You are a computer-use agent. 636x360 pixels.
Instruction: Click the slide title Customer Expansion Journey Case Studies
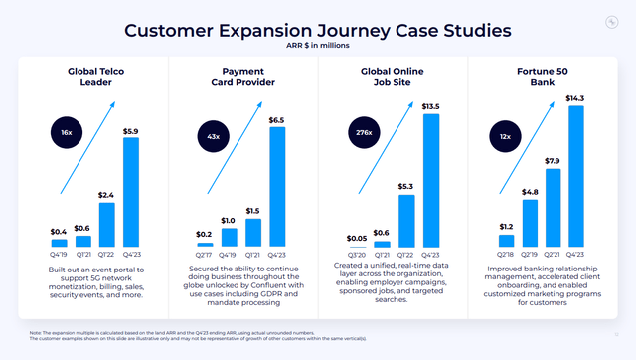tap(317, 30)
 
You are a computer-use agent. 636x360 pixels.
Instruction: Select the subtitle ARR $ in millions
tap(318, 45)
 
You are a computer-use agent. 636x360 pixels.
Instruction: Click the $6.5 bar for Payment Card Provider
tap(278, 187)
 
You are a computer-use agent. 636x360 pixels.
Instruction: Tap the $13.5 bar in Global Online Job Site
tap(431, 181)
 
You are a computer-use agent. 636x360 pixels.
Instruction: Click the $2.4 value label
tap(107, 195)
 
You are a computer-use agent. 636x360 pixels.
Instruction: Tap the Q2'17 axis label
tap(205, 254)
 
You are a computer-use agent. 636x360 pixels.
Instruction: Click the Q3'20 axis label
tap(357, 254)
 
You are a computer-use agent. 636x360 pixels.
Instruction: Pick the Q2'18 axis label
tap(506, 254)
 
